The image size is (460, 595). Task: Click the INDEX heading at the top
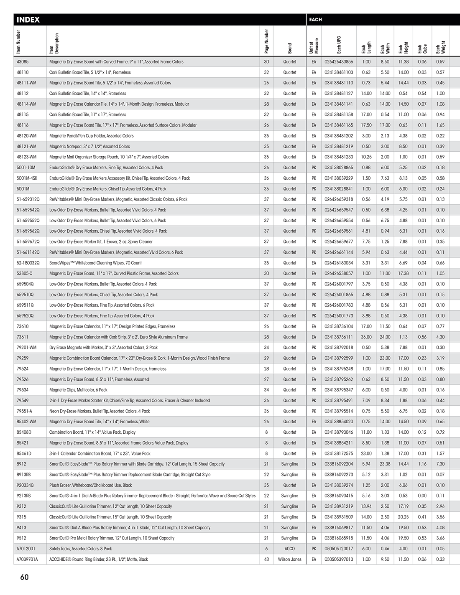pyautogui.click(x=28, y=20)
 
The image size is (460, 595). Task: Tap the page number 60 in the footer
pyautogui.click(x=25, y=577)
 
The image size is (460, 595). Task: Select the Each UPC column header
pyautogui.click(x=339, y=45)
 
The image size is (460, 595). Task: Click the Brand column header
pyautogui.click(x=290, y=48)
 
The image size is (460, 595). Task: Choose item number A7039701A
pyautogui.click(x=27, y=559)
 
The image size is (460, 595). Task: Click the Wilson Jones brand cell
pyautogui.click(x=289, y=559)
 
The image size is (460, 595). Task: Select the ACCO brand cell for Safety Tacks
pyautogui.click(x=289, y=549)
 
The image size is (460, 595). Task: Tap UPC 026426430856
pyautogui.click(x=339, y=62)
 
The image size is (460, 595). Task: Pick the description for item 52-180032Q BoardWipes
pyautogui.click(x=95, y=263)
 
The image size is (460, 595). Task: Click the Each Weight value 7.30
pyautogui.click(x=440, y=464)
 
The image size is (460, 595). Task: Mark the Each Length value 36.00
pyautogui.click(x=366, y=337)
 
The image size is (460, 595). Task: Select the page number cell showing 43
pyautogui.click(x=266, y=559)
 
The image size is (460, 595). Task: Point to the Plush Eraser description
pyautogui.click(x=90, y=485)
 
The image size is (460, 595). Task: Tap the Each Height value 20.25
pyautogui.click(x=403, y=517)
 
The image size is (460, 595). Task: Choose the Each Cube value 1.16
pyautogui.click(x=422, y=464)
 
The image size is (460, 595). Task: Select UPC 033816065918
pyautogui.click(x=339, y=538)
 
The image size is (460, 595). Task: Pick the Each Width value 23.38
pyautogui.click(x=385, y=464)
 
